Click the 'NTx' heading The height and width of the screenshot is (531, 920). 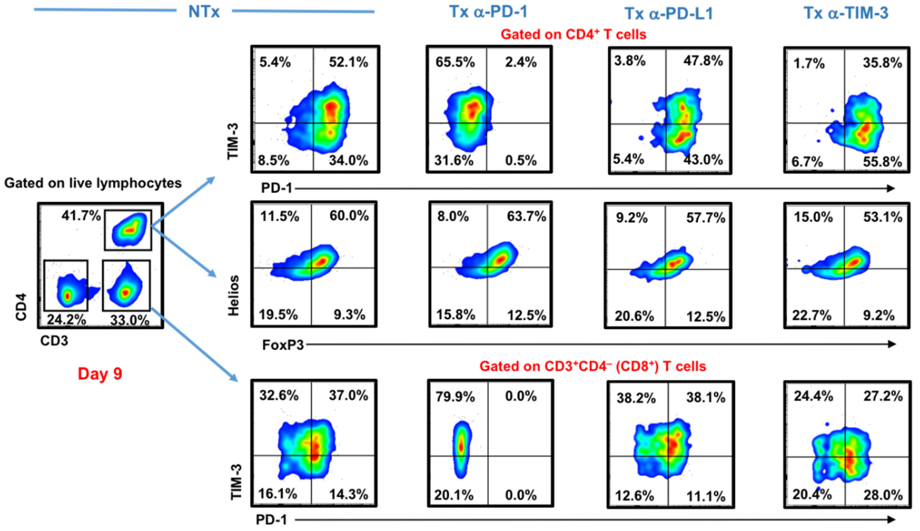[x=204, y=12]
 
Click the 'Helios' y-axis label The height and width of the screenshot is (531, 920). [x=233, y=295]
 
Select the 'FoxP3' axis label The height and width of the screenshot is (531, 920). [x=283, y=345]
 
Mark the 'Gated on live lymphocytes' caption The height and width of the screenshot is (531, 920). [x=93, y=183]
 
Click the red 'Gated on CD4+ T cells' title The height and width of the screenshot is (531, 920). [x=573, y=35]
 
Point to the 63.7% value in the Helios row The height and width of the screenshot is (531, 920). [x=526, y=217]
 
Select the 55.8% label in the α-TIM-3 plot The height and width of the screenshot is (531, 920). [x=882, y=162]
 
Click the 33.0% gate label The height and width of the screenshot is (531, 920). [x=129, y=321]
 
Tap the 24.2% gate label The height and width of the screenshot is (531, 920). [x=66, y=320]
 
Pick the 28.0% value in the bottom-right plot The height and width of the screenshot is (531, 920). [x=883, y=495]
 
